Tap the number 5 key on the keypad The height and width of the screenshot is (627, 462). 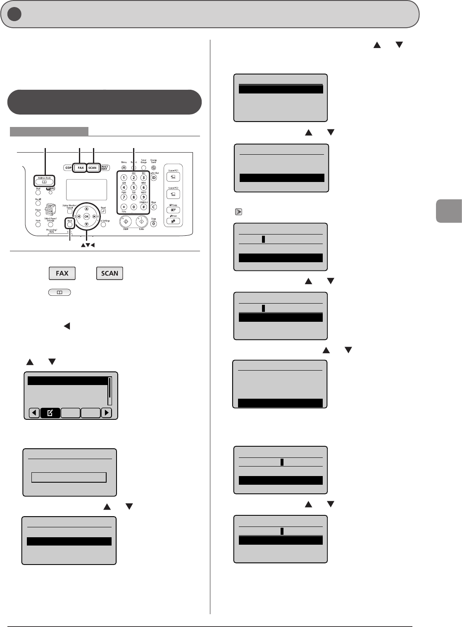133,187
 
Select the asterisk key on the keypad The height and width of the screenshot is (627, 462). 123,207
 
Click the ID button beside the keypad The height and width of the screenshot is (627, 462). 154,178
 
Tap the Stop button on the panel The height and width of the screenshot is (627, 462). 153,224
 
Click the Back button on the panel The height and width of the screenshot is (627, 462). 70,225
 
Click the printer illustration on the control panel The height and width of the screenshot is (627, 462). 50,211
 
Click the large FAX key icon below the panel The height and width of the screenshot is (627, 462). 62,273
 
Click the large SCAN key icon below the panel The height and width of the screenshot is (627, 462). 110,273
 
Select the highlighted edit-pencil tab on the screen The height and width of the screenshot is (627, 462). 50,412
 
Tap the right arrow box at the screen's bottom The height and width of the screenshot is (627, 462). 107,412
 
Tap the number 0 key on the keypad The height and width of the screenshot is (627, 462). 133,207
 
